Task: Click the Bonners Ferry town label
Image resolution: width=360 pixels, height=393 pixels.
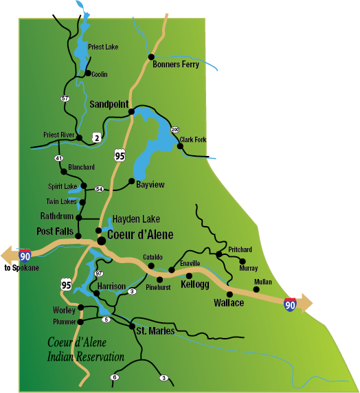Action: click(177, 65)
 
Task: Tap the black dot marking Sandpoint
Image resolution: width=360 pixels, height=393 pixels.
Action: click(128, 112)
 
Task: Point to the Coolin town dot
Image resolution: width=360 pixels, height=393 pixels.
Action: click(88, 73)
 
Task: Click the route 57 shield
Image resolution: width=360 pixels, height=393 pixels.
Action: click(65, 99)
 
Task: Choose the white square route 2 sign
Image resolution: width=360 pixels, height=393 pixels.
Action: click(98, 138)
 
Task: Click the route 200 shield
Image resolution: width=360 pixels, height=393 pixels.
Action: click(175, 129)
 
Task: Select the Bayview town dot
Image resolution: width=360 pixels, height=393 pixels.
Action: click(131, 181)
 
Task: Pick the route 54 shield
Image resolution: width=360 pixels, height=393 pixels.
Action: click(99, 189)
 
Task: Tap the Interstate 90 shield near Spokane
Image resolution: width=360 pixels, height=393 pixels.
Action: click(25, 256)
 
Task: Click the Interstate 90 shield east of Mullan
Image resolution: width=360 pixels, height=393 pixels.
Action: click(291, 303)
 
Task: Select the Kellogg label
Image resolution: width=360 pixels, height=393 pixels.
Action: click(194, 284)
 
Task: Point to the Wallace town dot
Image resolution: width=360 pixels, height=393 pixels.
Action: click(229, 294)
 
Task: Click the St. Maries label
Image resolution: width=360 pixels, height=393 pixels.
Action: click(155, 333)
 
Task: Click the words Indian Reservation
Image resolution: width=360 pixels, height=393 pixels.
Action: click(86, 357)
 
